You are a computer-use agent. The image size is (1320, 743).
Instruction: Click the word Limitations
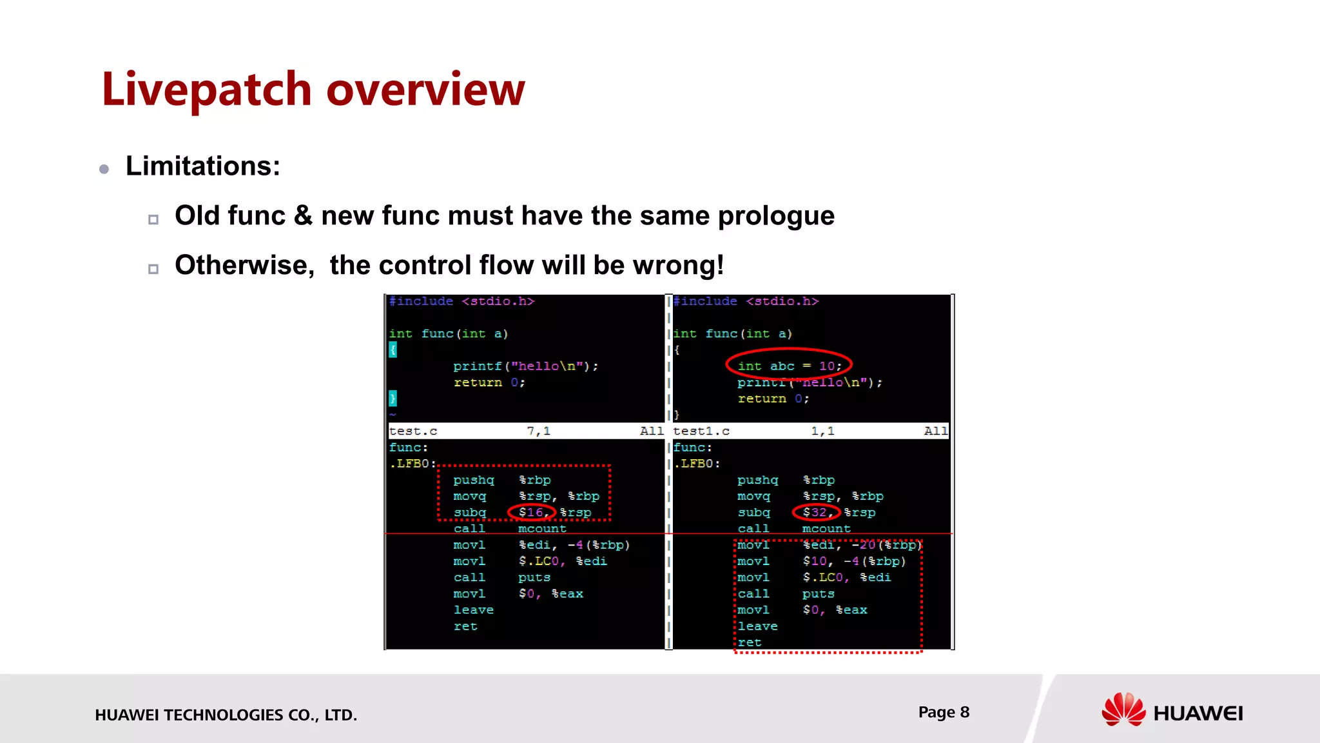(x=202, y=166)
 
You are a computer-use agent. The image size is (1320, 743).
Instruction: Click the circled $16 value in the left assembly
(x=531, y=512)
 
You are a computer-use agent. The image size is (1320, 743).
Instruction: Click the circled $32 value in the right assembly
(x=815, y=512)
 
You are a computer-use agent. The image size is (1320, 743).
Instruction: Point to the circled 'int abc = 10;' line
(x=789, y=366)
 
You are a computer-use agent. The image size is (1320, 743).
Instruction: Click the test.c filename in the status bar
(x=413, y=431)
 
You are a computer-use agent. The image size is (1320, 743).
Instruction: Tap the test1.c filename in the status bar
(x=701, y=431)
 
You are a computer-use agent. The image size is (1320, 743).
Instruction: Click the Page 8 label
(x=944, y=712)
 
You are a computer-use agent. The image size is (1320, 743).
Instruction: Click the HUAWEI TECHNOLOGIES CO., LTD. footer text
(x=226, y=715)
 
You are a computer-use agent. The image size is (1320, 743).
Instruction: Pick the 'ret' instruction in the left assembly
(x=465, y=626)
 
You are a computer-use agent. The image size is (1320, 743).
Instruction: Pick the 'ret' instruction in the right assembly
(x=750, y=642)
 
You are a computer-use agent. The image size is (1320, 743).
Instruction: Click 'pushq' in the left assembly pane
(x=473, y=480)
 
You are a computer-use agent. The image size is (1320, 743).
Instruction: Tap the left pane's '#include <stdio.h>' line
(x=461, y=301)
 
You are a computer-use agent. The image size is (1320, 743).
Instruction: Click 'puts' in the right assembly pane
(x=818, y=593)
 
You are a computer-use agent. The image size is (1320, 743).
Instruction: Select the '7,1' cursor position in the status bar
(x=538, y=431)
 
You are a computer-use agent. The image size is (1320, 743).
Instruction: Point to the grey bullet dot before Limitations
(x=104, y=169)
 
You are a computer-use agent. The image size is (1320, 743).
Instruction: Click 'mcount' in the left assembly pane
(x=542, y=528)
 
